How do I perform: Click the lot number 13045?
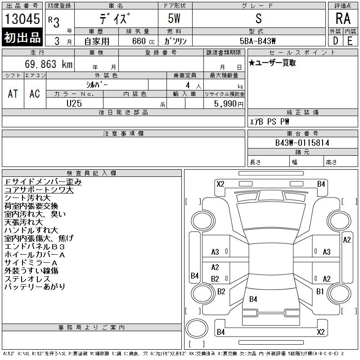click(x=22, y=18)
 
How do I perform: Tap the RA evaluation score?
click(x=343, y=18)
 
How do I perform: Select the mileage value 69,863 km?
click(x=49, y=64)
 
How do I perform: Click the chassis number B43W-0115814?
click(x=302, y=143)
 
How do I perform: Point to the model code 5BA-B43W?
click(x=257, y=41)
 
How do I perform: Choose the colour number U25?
click(x=74, y=103)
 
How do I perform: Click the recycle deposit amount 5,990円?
click(x=229, y=104)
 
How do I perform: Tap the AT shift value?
click(x=13, y=94)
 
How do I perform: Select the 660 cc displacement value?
click(x=143, y=41)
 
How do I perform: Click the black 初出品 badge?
click(x=22, y=37)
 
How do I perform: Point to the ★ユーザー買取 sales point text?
click(x=272, y=63)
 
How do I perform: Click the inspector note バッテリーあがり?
click(x=35, y=287)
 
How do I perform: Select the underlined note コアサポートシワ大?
click(x=39, y=190)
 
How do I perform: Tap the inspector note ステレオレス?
click(x=27, y=279)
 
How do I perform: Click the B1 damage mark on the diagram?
click(x=320, y=291)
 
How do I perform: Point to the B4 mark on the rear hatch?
click(x=253, y=299)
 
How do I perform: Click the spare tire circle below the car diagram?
click(x=197, y=328)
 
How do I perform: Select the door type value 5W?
click(x=174, y=18)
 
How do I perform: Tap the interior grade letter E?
click(x=350, y=41)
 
